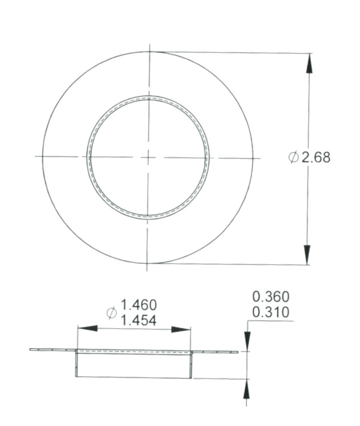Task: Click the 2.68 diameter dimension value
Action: coord(316,157)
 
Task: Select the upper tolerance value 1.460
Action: coord(138,305)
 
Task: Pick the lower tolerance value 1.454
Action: coord(138,320)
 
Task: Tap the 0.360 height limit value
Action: coord(271,297)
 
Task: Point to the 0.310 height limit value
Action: coord(271,312)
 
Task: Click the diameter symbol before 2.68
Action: coord(293,157)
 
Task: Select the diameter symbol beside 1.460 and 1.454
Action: coord(112,313)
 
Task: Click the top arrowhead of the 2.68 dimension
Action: coord(309,63)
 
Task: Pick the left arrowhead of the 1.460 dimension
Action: coord(87,328)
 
